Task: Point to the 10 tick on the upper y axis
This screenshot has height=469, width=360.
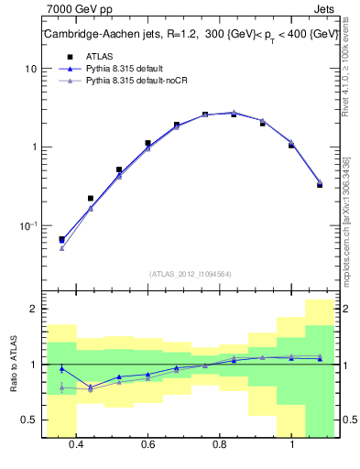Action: tap(29, 69)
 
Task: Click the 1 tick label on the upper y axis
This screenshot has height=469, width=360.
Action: tap(32, 147)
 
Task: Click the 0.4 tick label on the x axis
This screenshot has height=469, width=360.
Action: tap(76, 445)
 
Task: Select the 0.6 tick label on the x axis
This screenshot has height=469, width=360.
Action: tap(147, 445)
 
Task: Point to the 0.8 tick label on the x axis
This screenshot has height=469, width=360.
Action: tap(220, 445)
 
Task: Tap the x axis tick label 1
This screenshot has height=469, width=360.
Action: tap(291, 445)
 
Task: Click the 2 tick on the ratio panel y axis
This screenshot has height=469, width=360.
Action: tap(32, 310)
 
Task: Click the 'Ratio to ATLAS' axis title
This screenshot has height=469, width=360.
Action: tap(13, 365)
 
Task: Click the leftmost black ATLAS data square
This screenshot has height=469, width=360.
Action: tap(61, 239)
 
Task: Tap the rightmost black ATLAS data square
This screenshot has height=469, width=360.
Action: tap(319, 184)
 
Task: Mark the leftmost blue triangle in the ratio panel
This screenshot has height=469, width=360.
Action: tap(61, 368)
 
